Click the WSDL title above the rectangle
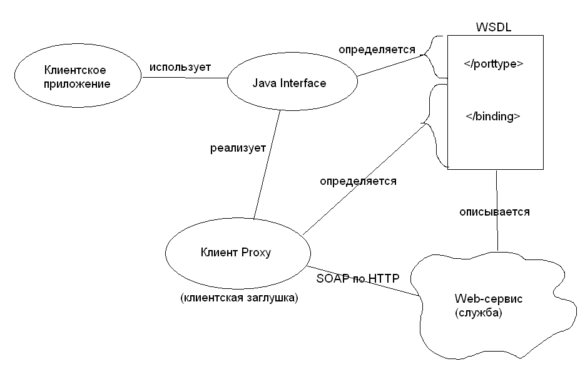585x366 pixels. pyautogui.click(x=493, y=28)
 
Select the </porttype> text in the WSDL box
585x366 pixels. pyautogui.click(x=493, y=64)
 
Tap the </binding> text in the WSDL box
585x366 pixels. pyautogui.click(x=492, y=117)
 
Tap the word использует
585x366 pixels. pyautogui.click(x=180, y=67)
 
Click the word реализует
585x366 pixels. pyautogui.click(x=238, y=148)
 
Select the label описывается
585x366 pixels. pyautogui.click(x=494, y=212)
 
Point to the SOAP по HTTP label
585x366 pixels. pyautogui.click(x=358, y=278)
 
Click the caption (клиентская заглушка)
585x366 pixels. pyautogui.click(x=239, y=298)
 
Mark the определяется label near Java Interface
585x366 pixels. pyautogui.click(x=377, y=50)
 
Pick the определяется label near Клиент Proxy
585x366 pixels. pyautogui.click(x=358, y=181)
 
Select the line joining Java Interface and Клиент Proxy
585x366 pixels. pyautogui.click(x=267, y=164)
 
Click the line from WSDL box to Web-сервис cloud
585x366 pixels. pyautogui.click(x=497, y=211)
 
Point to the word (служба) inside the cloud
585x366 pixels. pyautogui.click(x=478, y=313)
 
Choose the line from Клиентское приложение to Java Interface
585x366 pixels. pyautogui.click(x=185, y=78)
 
